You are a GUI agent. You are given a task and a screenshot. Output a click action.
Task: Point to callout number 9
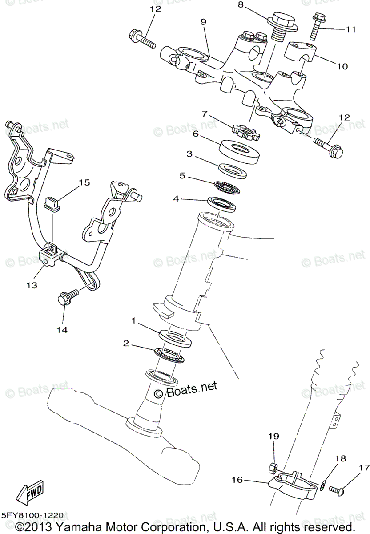[203, 21]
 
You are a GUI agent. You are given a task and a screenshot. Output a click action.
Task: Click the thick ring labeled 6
[239, 149]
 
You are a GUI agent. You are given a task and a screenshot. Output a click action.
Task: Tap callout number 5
[182, 175]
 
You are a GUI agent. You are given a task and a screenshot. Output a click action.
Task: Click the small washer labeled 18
[323, 483]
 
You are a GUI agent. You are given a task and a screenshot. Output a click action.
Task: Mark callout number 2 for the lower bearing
[126, 343]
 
